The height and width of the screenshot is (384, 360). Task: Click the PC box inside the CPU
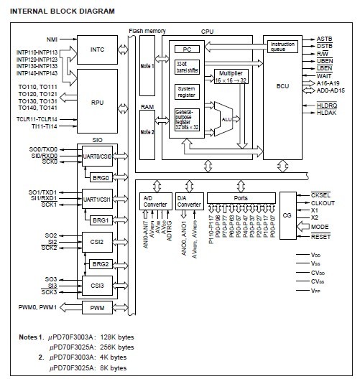(x=186, y=49)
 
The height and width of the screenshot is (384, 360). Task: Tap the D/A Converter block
(x=190, y=201)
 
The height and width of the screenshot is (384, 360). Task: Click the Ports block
(x=240, y=197)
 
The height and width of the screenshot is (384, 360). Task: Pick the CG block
(x=287, y=215)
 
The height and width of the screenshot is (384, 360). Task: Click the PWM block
(x=97, y=308)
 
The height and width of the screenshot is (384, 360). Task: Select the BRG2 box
(x=101, y=264)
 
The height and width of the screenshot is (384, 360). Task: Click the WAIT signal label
(x=324, y=75)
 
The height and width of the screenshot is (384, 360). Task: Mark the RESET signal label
(x=321, y=236)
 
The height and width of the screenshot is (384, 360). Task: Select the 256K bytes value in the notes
(x=108, y=346)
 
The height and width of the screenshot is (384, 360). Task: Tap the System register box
(x=186, y=93)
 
